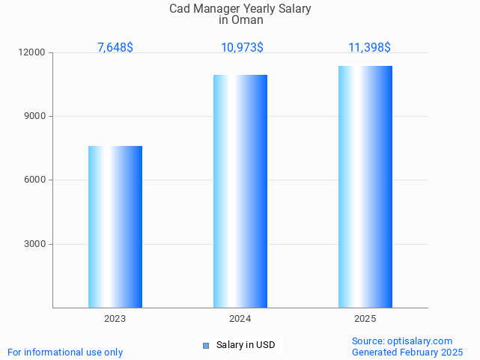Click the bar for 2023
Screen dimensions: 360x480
point(115,227)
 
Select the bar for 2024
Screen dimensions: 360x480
point(240,191)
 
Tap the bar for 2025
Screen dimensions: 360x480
point(365,186)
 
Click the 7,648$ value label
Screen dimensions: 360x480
point(115,47)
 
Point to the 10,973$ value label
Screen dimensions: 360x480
point(242,47)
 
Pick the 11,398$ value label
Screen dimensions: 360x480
point(369,47)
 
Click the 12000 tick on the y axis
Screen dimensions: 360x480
point(32,53)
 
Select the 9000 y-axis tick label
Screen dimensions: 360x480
point(34,117)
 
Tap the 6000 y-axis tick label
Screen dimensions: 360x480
point(34,180)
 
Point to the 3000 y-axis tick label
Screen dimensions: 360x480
point(34,244)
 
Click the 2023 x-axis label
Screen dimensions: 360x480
point(115,319)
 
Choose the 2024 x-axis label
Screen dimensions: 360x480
point(240,319)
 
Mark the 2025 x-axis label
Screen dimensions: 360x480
point(365,319)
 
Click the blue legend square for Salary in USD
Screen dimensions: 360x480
point(206,345)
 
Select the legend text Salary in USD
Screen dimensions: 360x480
point(246,345)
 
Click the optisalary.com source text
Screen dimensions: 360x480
point(402,341)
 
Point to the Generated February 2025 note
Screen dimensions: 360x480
point(407,352)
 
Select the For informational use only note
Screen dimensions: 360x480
point(65,352)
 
